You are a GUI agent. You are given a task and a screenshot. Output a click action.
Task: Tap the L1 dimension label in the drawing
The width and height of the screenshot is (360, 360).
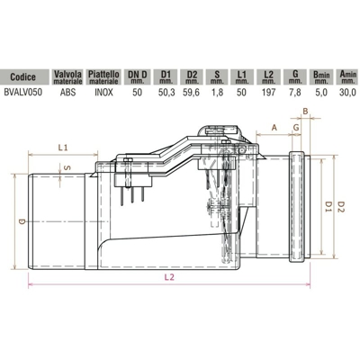tap(63, 146)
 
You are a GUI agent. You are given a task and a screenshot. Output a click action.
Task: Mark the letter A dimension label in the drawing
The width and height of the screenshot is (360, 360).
tap(274, 128)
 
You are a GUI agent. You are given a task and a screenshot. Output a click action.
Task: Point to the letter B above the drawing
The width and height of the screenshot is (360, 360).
tap(305, 112)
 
